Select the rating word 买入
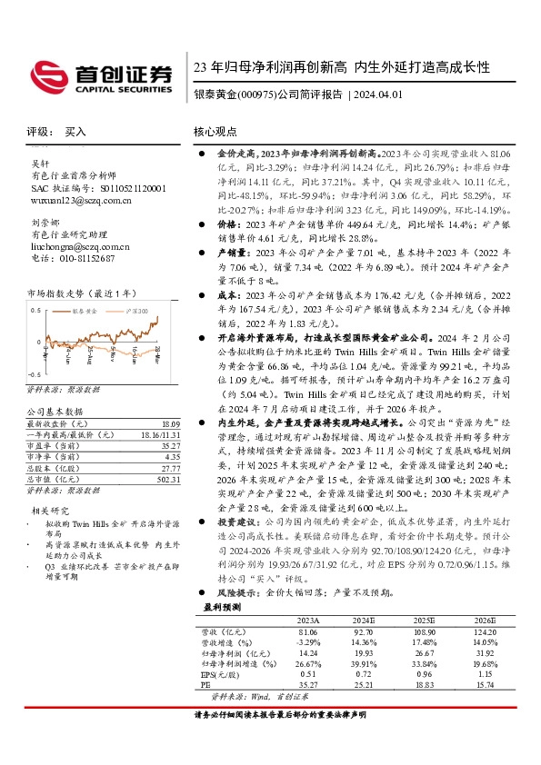point(75,132)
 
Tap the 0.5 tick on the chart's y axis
point(35,311)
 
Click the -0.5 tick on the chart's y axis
point(34,374)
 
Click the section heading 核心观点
point(217,132)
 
